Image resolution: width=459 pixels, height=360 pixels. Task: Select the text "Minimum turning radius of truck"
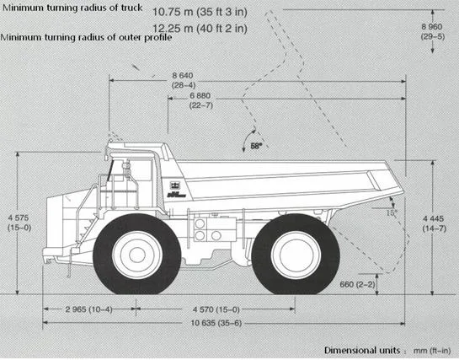coord(72,9)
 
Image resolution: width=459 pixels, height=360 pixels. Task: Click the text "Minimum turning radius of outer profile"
coord(87,38)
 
